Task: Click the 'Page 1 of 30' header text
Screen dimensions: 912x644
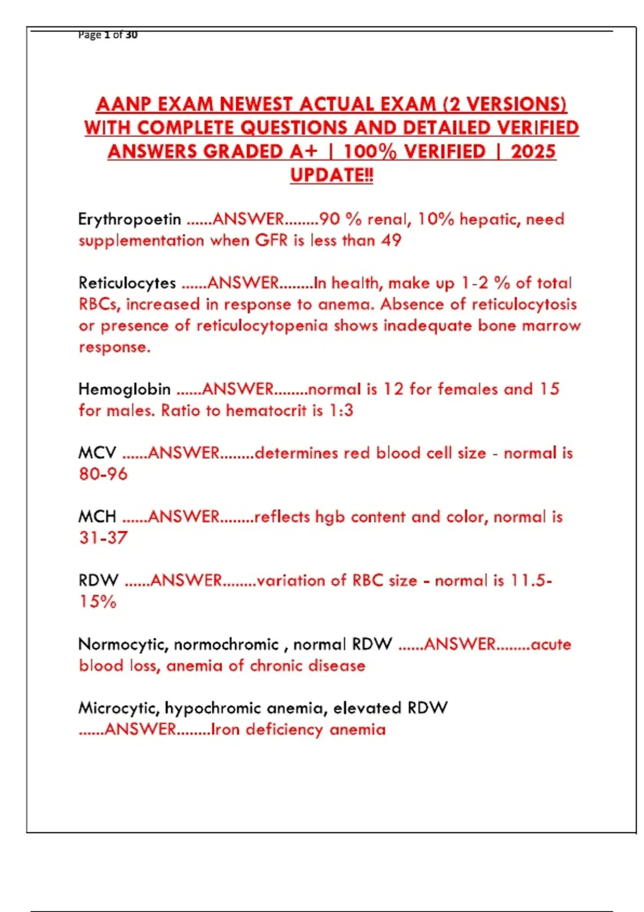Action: [x=108, y=35]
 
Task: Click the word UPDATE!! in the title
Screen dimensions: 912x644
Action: [x=331, y=175]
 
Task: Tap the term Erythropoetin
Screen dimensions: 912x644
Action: [x=129, y=219]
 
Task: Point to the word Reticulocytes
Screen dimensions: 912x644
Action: [x=127, y=283]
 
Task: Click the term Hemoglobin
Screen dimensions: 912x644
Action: [x=125, y=389]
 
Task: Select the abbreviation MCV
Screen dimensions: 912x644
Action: [x=97, y=453]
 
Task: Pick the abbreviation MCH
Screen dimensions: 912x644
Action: [x=97, y=517]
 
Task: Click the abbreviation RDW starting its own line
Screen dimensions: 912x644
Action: [x=98, y=580]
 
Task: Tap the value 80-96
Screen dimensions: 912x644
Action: [x=103, y=474]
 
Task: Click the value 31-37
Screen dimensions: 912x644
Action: [x=103, y=538]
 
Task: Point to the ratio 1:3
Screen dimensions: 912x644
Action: [x=341, y=410]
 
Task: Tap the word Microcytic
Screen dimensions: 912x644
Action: [x=119, y=708]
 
